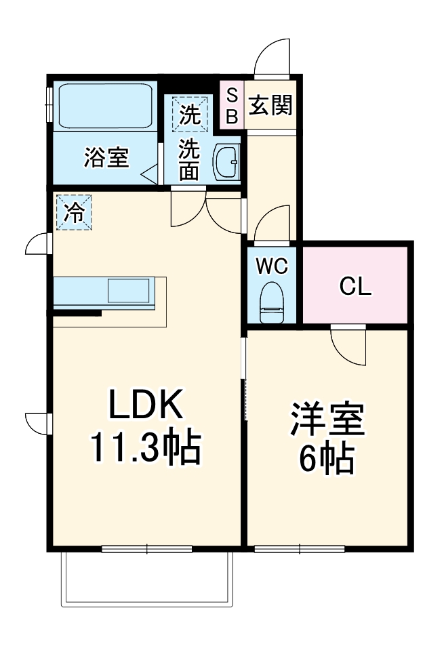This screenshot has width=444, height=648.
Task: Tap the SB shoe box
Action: click(x=231, y=105)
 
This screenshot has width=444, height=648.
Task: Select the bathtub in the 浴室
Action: click(x=104, y=106)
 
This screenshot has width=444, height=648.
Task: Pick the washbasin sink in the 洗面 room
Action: click(x=226, y=163)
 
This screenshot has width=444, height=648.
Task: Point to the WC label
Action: click(x=273, y=266)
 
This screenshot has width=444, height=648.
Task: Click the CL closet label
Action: click(x=355, y=287)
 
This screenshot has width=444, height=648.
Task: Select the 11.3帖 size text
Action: click(x=146, y=447)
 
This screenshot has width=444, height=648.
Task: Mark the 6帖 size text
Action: click(x=327, y=461)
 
